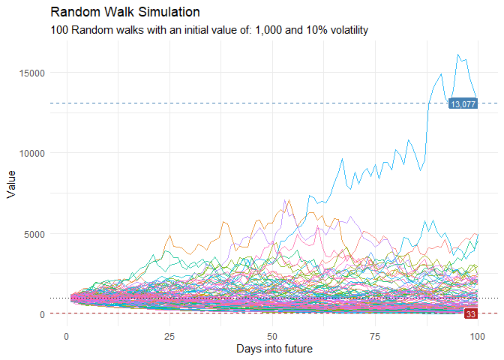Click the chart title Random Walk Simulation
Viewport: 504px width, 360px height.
[x=125, y=13]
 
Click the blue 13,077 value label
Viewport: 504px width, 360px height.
[x=463, y=104]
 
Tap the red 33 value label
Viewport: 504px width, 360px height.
[x=471, y=313]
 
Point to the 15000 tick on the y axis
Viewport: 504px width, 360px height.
[x=33, y=73]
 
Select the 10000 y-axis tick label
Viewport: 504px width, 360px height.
[x=33, y=153]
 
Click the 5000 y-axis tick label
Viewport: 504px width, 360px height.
[x=35, y=233]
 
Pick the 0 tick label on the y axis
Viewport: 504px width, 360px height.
[x=43, y=314]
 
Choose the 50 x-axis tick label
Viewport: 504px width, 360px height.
[x=271, y=335]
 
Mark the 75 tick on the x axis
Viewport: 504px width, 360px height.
[x=374, y=335]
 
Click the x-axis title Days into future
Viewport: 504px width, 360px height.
[x=274, y=349]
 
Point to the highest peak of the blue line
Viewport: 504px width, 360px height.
[x=457, y=55]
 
